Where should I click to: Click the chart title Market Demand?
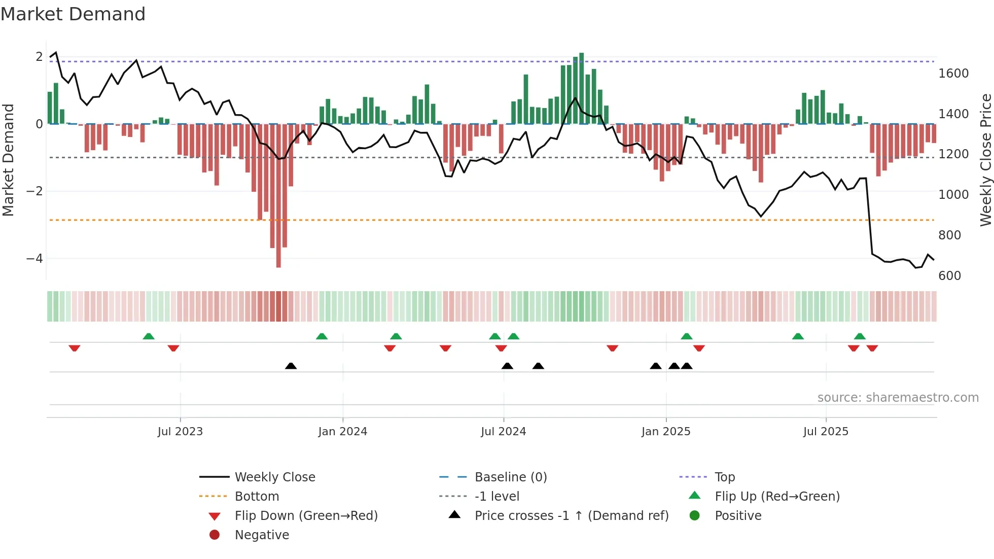coord(73,14)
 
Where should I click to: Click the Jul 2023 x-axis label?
coord(180,432)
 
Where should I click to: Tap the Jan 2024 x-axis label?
coord(343,432)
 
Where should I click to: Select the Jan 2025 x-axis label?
coord(666,432)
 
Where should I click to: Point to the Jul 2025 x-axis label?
coord(826,432)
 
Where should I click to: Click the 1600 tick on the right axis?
coord(953,74)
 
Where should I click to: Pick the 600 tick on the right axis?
coord(949,276)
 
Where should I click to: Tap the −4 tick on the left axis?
coord(34,259)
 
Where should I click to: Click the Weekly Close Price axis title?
coord(985,160)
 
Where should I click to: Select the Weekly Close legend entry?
coord(274,477)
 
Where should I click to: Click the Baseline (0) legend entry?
coord(510,477)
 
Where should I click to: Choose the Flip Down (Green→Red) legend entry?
coord(306,516)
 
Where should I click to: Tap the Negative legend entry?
coord(262,535)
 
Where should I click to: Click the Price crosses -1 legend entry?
coord(571,516)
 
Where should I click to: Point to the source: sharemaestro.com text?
coord(898,398)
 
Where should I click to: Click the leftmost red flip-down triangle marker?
coord(75,348)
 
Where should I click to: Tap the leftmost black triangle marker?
coord(291,366)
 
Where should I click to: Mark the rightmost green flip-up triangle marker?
coord(860,336)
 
